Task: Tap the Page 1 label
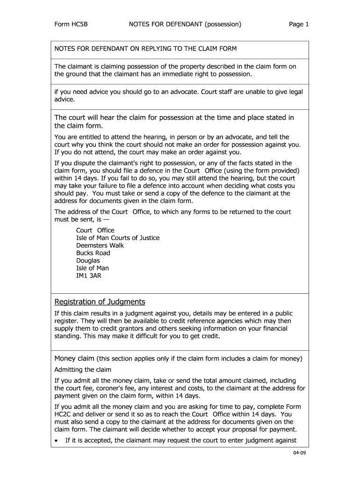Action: (x=299, y=24)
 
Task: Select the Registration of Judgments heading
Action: (x=100, y=302)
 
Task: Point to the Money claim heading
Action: (x=75, y=359)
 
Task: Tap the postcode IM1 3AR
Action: (x=89, y=276)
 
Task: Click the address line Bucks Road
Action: (x=93, y=253)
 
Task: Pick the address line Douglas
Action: (x=88, y=261)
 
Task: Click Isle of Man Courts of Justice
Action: (x=118, y=238)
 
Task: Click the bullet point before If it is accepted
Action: (x=57, y=441)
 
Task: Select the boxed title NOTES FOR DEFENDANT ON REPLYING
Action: (x=145, y=49)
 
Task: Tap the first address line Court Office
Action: (x=95, y=231)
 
